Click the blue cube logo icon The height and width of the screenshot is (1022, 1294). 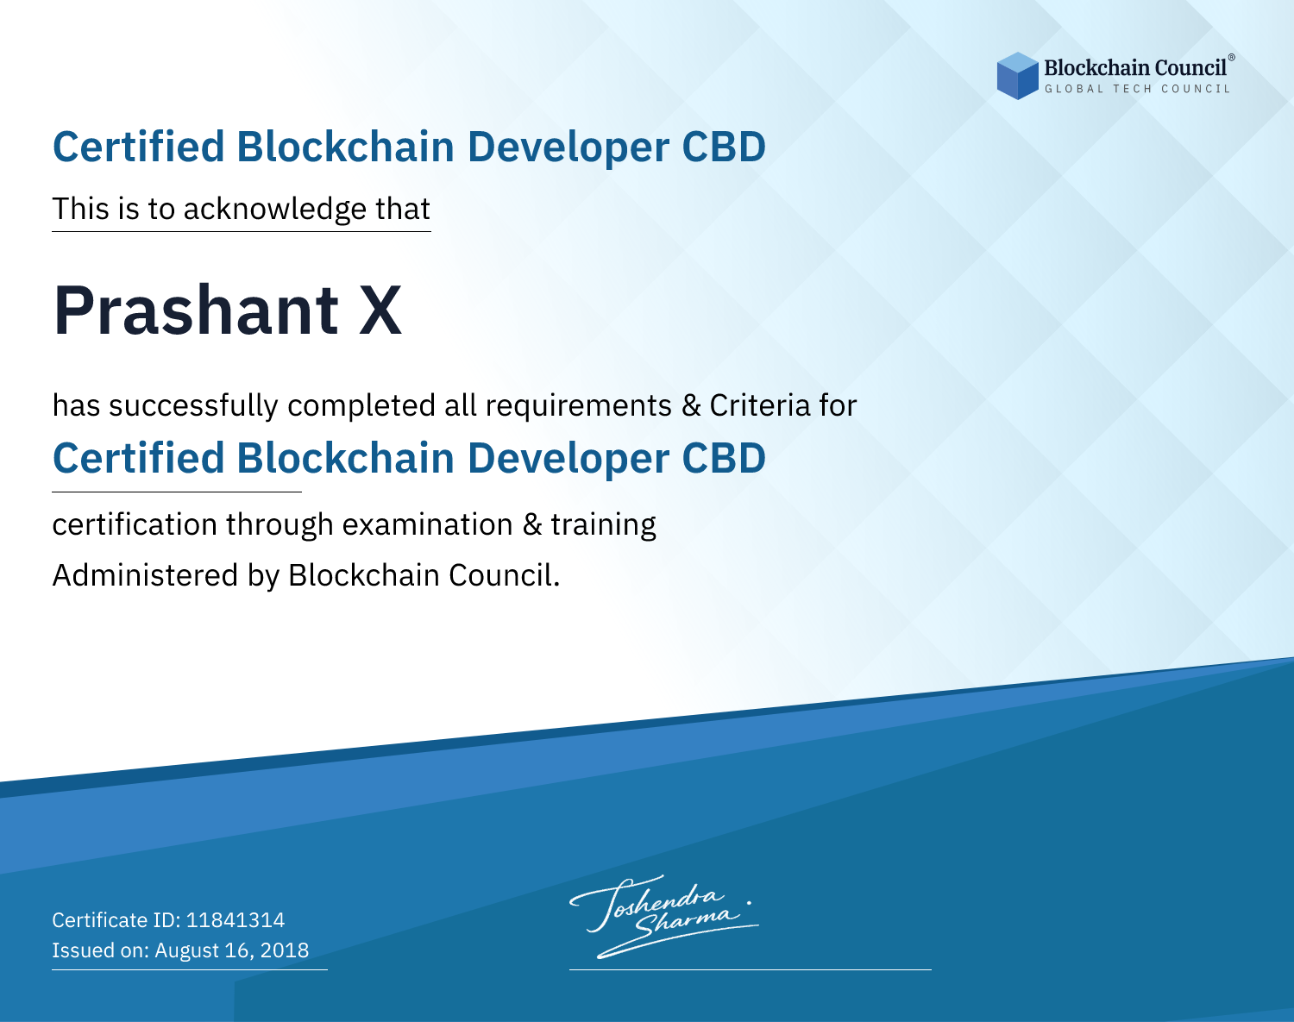click(1017, 76)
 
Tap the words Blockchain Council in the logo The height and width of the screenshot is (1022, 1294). click(1135, 68)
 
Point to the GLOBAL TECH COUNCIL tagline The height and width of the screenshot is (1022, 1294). click(1138, 89)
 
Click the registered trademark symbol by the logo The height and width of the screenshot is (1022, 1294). click(1231, 58)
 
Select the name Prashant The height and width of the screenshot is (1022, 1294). click(196, 310)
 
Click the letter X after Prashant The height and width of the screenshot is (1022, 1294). click(380, 310)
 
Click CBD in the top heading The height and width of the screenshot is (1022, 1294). click(724, 147)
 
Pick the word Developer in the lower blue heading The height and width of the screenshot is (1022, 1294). click(568, 459)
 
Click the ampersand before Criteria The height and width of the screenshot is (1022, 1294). click(691, 405)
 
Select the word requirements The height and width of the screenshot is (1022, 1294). click(579, 406)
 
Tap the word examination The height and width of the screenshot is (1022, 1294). click(428, 524)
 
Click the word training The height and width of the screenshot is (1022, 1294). click(603, 525)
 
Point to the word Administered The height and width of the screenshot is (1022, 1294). click(146, 575)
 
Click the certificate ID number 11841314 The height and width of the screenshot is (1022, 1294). click(236, 919)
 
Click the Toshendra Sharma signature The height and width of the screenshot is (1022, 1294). click(664, 916)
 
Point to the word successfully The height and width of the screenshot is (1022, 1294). click(193, 406)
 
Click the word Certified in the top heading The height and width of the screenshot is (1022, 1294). click(138, 147)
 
